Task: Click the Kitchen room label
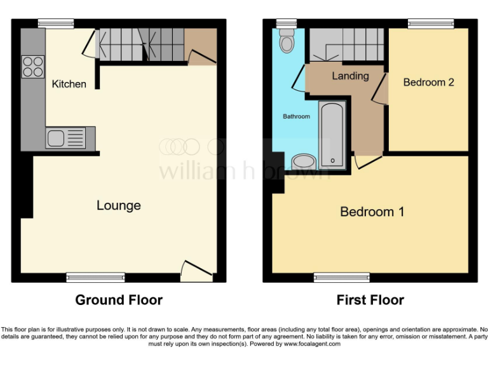coord(69,84)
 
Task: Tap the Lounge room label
coord(118,205)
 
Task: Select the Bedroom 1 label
coord(372,212)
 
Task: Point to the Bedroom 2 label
coord(428,82)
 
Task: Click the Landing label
coord(350,76)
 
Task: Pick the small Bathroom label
coord(296,116)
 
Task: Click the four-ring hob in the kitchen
coord(33,65)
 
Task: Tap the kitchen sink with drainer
coord(65,138)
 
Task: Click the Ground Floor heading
coord(119,300)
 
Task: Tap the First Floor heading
coord(370,300)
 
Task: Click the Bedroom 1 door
coord(367,161)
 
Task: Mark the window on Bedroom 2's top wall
coord(431,24)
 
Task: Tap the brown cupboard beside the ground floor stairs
coord(201,46)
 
